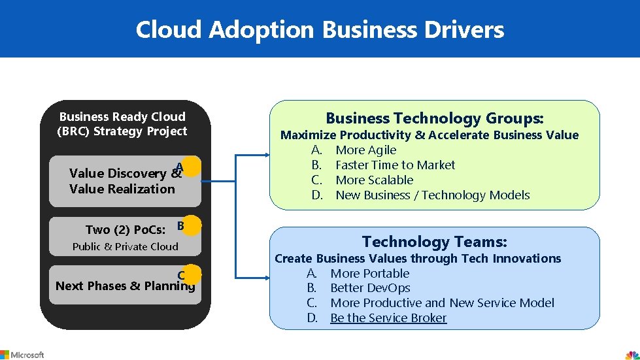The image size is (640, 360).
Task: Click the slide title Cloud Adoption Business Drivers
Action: (x=320, y=29)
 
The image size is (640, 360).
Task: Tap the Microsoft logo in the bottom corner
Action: (x=22, y=354)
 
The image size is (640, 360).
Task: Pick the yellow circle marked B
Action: (x=192, y=225)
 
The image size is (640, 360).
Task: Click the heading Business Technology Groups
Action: (x=435, y=118)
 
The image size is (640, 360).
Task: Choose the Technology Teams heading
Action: (x=435, y=242)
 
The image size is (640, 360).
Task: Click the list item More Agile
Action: (x=365, y=150)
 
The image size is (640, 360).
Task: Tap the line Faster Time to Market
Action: (x=395, y=165)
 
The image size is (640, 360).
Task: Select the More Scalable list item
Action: (x=374, y=180)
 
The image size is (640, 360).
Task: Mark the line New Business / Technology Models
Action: (x=432, y=195)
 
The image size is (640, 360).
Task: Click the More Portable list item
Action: (x=369, y=273)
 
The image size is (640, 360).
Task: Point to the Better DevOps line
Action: (x=370, y=288)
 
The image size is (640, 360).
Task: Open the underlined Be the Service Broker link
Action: (x=388, y=318)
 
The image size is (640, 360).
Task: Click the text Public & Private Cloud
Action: (x=125, y=246)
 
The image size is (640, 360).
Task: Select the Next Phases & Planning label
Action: (x=125, y=286)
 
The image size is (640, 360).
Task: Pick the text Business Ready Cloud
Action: (x=122, y=116)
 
